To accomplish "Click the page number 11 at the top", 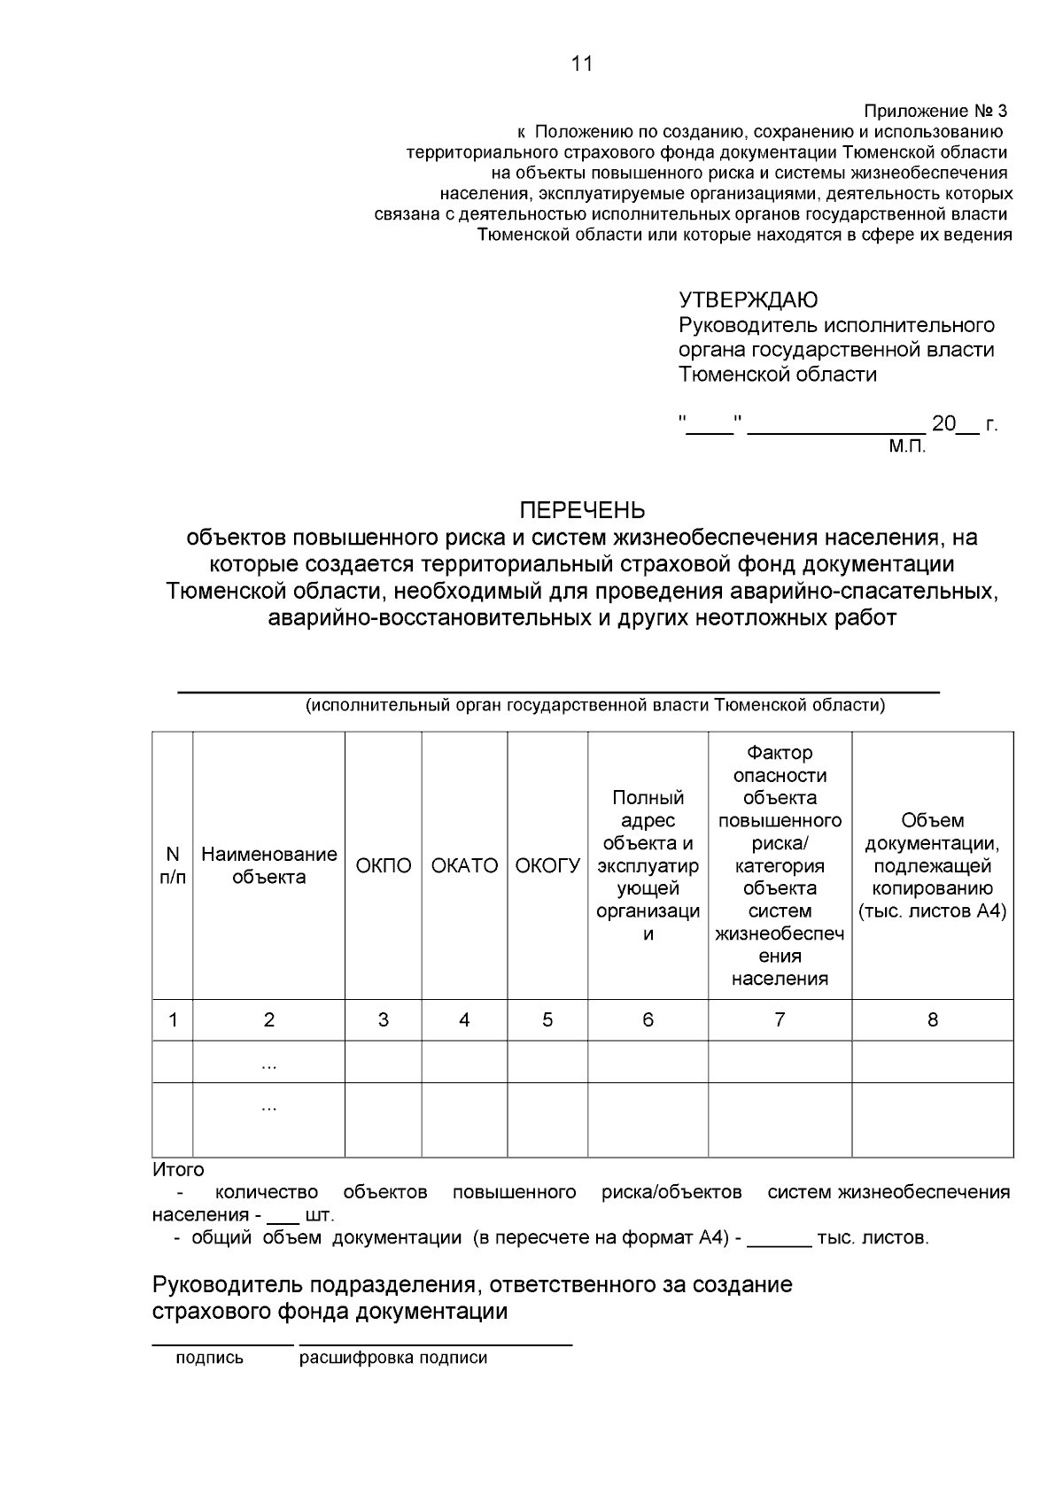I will tap(582, 64).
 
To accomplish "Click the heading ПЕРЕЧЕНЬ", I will tap(582, 511).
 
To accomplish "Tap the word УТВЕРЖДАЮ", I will tap(749, 301).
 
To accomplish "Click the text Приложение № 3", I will tap(935, 112).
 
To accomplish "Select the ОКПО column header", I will tap(384, 866).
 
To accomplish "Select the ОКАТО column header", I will tap(464, 866).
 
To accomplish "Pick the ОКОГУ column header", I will tap(547, 866).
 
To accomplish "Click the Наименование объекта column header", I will tap(269, 866).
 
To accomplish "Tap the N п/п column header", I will tap(173, 866).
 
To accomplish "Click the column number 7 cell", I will tap(780, 1020).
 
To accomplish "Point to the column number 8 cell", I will tap(933, 1020).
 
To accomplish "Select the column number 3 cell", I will tap(384, 1020).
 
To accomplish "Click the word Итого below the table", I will tap(178, 1170).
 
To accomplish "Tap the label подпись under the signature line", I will tap(209, 1359).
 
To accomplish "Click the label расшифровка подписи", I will tap(393, 1359).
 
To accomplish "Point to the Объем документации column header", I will tap(933, 866).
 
